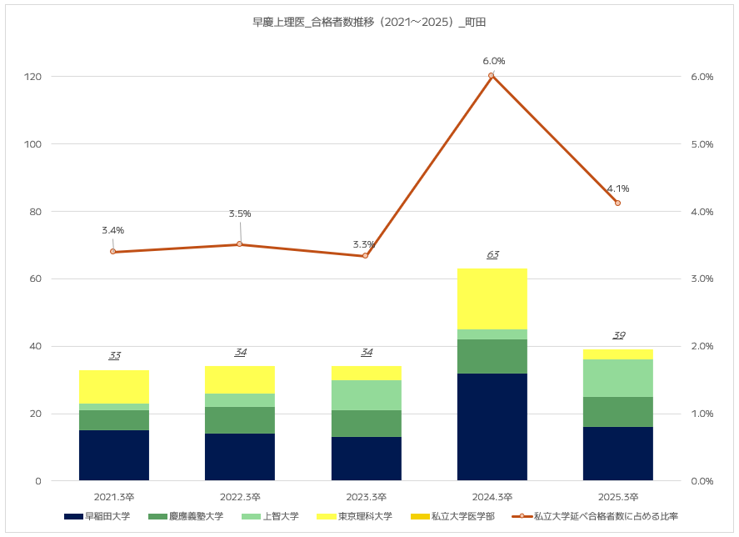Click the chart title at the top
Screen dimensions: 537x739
coord(369,23)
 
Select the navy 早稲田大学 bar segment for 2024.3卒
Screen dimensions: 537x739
coord(492,426)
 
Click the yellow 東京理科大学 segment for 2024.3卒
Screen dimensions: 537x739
coord(492,299)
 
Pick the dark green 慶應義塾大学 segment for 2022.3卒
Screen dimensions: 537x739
coord(240,420)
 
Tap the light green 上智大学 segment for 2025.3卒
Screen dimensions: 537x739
coord(618,378)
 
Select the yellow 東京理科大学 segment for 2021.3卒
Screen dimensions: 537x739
coord(114,387)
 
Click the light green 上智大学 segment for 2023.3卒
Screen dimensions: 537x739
coord(367,395)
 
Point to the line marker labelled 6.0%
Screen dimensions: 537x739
coord(492,76)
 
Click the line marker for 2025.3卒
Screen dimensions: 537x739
coord(618,203)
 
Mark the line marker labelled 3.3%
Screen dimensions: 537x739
coord(365,255)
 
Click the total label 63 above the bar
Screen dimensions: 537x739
coord(492,255)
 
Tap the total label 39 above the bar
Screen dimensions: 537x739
coord(618,336)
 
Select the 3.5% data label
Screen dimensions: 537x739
coord(240,214)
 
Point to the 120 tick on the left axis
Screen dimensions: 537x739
coord(33,77)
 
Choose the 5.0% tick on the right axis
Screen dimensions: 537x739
coord(702,144)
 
